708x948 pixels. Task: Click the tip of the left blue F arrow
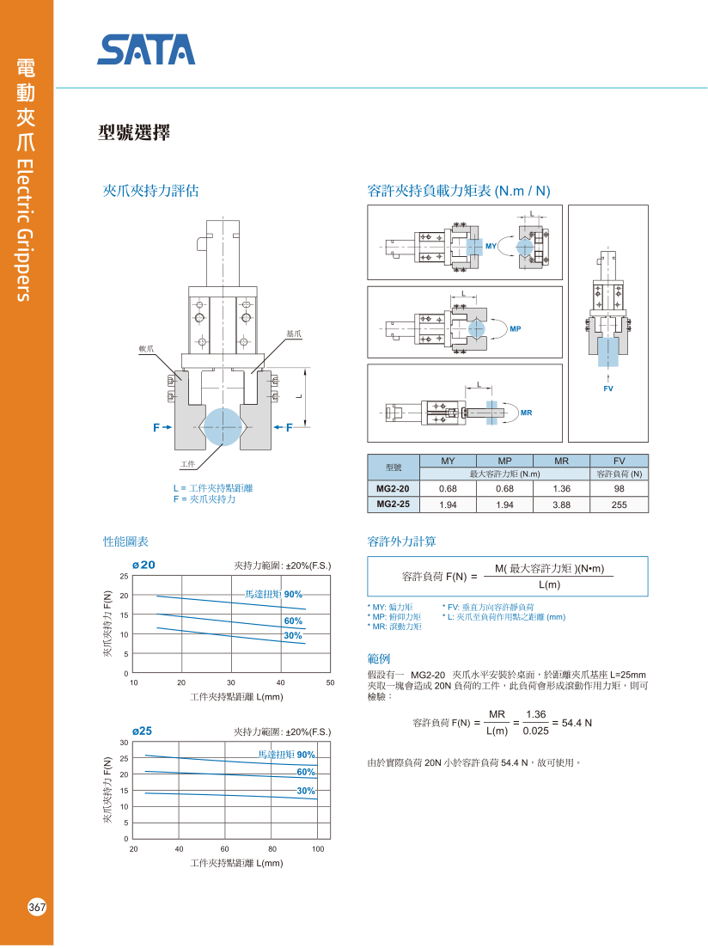coord(173,427)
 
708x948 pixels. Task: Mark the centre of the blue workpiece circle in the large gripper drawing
coord(223,427)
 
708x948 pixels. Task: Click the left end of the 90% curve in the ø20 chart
coord(156,596)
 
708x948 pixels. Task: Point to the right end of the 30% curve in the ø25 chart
coord(317,799)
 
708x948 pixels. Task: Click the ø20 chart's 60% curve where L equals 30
coord(231,621)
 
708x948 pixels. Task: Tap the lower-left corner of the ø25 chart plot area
coord(132,839)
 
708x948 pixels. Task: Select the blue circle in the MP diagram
coord(476,328)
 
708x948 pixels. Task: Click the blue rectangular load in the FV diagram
coord(607,352)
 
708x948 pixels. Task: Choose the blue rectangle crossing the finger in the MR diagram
coord(491,413)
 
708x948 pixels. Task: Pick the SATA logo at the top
coord(146,50)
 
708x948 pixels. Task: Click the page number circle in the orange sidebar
coord(37,907)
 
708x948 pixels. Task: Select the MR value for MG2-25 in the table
coord(561,505)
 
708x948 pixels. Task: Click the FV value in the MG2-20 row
coord(619,488)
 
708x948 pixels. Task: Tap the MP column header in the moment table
coord(504,461)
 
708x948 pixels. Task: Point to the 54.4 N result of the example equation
coord(577,723)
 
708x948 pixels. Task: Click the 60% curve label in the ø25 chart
coord(306,772)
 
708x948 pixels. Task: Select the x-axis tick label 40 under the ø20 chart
coord(281,682)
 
